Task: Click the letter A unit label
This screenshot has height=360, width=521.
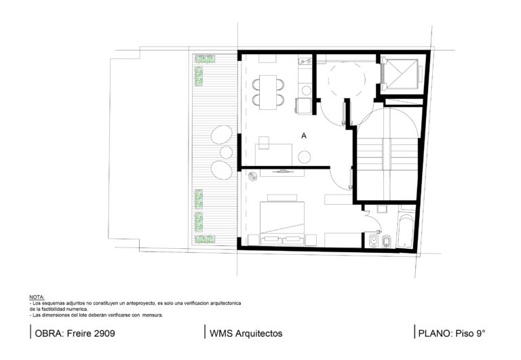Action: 304,136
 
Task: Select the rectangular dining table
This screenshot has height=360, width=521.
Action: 268,92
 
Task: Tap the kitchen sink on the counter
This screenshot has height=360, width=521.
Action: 305,61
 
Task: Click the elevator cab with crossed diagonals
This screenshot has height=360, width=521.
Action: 402,73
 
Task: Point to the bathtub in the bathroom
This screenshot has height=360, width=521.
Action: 406,231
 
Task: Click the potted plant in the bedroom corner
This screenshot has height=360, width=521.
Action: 253,176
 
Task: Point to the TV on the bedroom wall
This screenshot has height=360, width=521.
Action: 282,172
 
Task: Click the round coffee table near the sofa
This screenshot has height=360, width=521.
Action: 305,157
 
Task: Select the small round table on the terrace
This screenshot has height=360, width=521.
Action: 227,152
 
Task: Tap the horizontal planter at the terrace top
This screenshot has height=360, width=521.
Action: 204,60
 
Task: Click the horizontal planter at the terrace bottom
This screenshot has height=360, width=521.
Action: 204,239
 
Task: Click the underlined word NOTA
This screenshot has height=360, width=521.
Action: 37,297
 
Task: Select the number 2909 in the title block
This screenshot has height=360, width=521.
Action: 104,333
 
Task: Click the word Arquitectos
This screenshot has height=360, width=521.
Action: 259,334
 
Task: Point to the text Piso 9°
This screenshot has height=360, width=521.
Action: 470,333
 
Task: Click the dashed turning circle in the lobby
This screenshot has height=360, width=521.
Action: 347,80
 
